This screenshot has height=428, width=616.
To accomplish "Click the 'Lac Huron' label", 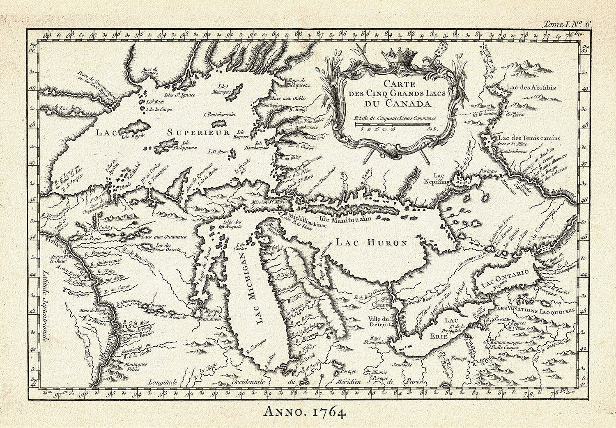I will point(371,243).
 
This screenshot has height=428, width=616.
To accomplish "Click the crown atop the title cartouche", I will point(393,57).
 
